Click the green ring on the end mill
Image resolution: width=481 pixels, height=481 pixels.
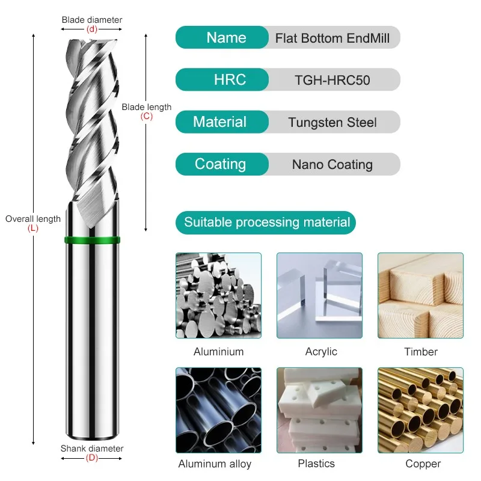[92, 242]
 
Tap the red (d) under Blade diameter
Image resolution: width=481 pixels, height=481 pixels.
[92, 29]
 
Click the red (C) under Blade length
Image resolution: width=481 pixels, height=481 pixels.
[147, 117]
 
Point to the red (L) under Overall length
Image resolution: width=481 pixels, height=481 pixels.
[33, 228]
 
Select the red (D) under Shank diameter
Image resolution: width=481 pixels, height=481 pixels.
[92, 458]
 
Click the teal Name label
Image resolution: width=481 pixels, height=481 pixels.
[222, 38]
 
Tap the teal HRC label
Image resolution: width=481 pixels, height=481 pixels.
[222, 80]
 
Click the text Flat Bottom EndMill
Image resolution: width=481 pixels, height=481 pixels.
[332, 38]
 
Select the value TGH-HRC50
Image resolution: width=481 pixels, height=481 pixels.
[332, 81]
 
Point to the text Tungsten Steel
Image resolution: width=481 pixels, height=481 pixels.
[332, 123]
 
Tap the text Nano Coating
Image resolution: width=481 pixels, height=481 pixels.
[332, 165]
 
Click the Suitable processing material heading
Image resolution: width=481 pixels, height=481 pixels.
[266, 223]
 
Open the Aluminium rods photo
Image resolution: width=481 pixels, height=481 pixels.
[218, 295]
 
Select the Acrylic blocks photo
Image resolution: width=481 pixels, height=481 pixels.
[319, 295]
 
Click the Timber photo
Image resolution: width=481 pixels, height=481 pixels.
[420, 295]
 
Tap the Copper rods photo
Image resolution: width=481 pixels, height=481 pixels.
[420, 410]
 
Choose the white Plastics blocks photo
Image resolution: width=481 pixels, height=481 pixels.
[319, 410]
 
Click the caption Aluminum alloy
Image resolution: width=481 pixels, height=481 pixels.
[215, 464]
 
